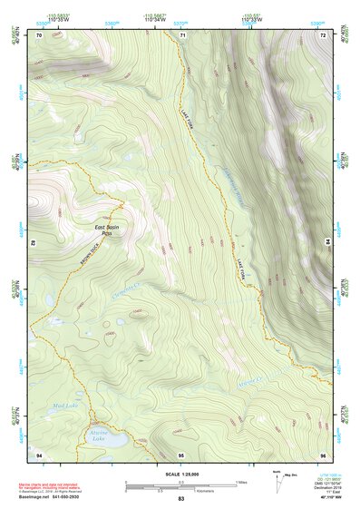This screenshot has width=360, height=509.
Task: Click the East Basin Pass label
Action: coord(107,229)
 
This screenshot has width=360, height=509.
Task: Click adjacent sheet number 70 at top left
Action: coord(39,34)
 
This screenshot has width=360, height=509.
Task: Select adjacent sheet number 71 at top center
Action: coord(181,34)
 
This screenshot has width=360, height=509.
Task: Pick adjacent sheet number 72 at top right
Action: coord(323,34)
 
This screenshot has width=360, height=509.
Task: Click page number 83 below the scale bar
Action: coord(180,499)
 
